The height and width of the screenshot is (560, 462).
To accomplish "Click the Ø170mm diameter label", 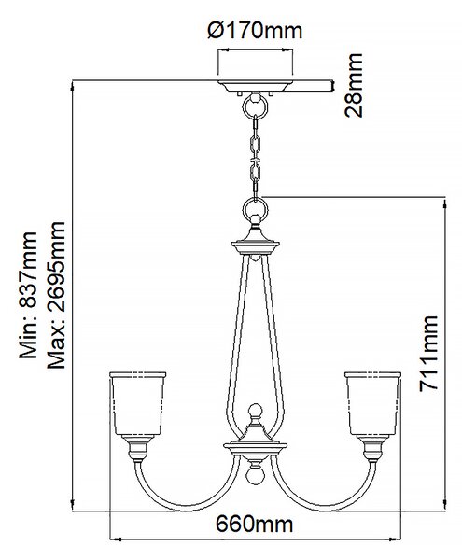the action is click(x=255, y=31).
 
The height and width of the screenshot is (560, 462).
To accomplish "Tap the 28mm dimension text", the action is click(x=354, y=85).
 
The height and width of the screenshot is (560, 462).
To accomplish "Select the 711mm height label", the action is click(x=428, y=354).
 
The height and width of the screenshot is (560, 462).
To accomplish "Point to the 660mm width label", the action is click(x=254, y=525).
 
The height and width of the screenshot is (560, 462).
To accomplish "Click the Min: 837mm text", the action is click(x=28, y=295).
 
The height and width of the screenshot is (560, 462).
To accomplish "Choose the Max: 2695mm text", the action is click(x=56, y=295).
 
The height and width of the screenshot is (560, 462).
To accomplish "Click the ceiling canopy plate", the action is click(x=255, y=87).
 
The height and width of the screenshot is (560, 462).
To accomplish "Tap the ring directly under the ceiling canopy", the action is click(x=255, y=106).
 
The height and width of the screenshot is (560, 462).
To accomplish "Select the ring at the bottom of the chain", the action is click(x=255, y=210).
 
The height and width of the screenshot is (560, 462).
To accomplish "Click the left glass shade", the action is click(x=138, y=403).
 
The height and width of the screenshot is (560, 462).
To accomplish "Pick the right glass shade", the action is click(x=372, y=403).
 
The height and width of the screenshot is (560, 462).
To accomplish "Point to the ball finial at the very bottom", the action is click(x=255, y=476).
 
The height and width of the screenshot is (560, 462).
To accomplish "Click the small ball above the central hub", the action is click(x=256, y=411).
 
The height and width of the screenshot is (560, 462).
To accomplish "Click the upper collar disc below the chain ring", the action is click(x=255, y=245).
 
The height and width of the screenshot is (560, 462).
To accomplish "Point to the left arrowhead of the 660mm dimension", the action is click(x=114, y=539).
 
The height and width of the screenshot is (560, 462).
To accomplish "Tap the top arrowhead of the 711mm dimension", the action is click(x=445, y=203).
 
